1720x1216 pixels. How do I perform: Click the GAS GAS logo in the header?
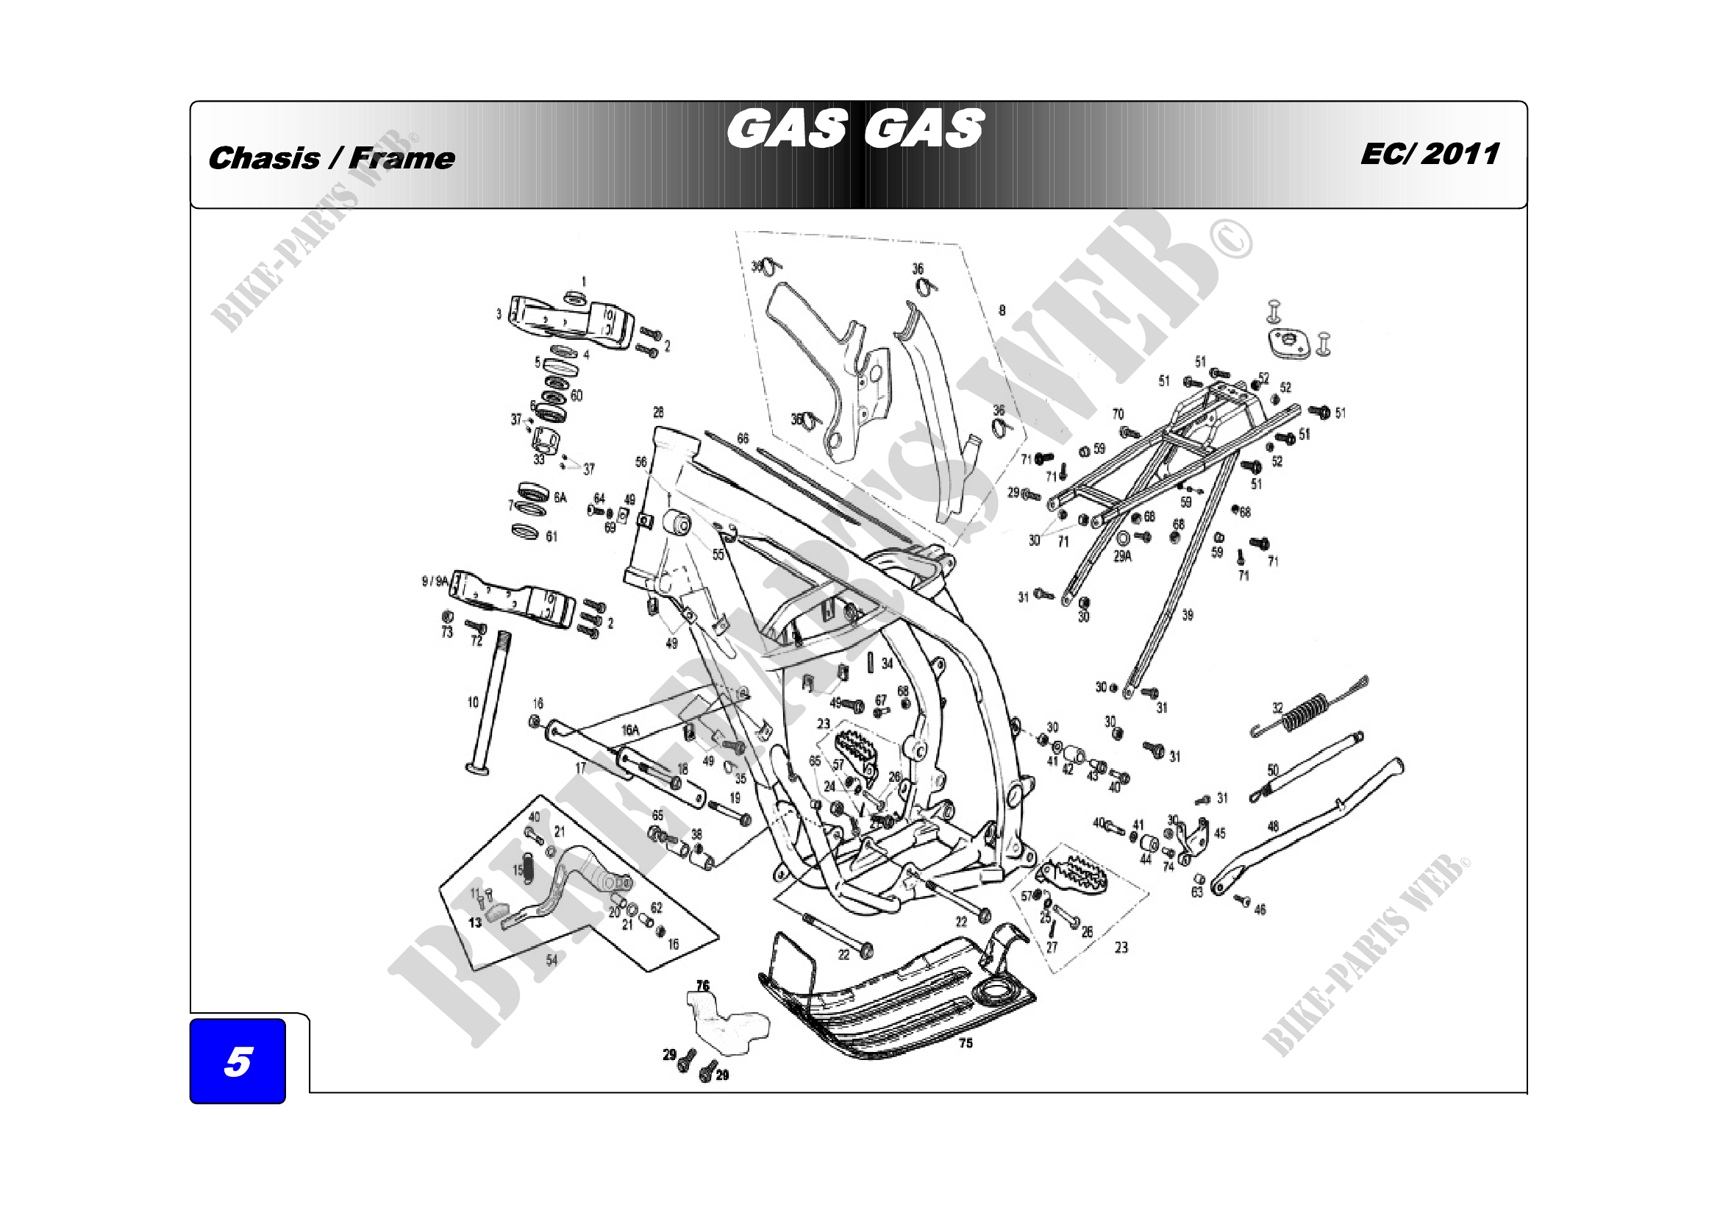tap(854, 129)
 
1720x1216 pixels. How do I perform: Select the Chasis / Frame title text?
tap(331, 158)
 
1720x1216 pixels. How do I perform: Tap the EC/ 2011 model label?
tap(1430, 154)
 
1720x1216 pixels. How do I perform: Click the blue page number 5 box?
tap(238, 1061)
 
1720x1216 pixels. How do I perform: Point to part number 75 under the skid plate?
tap(966, 1043)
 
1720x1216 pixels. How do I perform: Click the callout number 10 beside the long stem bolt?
tap(473, 702)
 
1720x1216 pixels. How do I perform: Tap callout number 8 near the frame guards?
tap(1002, 310)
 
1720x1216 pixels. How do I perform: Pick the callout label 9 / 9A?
tap(435, 580)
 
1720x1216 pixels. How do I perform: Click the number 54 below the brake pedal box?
tap(552, 961)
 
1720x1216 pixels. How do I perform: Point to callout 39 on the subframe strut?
tap(1188, 615)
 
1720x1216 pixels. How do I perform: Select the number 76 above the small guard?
tap(703, 985)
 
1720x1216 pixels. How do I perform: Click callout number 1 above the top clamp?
tap(585, 282)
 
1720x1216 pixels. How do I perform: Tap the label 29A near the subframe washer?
tap(1122, 556)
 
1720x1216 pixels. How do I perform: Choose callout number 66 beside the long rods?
tap(743, 438)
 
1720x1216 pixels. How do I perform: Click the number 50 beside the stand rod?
tap(1273, 769)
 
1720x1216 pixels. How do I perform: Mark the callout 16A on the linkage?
tap(630, 730)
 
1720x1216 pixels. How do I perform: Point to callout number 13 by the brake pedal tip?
tap(475, 922)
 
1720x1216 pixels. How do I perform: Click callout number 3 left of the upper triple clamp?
tap(499, 314)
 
